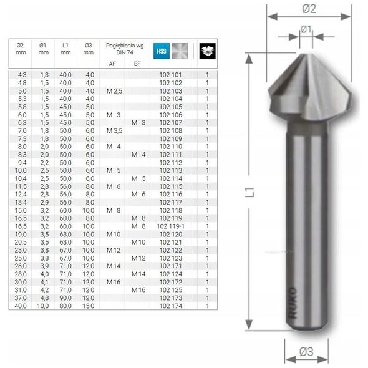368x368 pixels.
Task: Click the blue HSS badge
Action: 162,51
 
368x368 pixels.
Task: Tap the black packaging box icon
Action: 208,51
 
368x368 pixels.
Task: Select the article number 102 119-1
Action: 171,226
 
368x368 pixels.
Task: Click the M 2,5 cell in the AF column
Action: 114,91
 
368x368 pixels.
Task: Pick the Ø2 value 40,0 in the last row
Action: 21,306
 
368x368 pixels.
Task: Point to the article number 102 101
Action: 171,75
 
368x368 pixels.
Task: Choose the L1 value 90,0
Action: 65,298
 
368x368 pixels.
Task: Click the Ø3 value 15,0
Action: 88,306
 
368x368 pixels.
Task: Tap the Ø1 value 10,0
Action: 42,306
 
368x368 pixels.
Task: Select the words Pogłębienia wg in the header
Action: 125,46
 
